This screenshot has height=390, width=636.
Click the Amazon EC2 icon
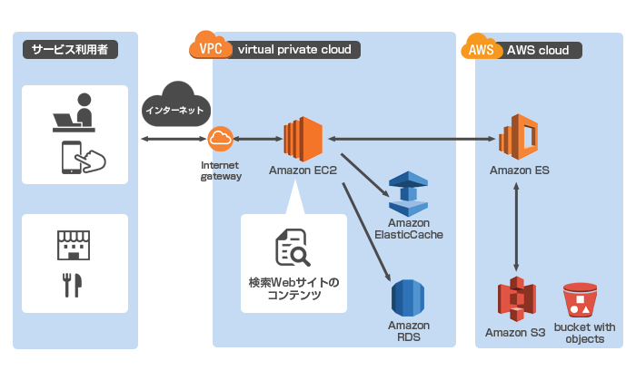coord(303,139)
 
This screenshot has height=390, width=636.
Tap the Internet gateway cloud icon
coord(221,139)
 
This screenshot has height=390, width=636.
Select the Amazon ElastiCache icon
coord(408,192)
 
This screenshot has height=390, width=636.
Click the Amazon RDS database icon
coord(408,297)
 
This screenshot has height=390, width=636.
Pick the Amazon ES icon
coord(519,138)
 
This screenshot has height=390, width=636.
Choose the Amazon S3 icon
coord(515,300)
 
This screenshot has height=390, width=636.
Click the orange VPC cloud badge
coord(209,46)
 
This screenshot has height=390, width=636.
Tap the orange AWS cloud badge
coord(482,48)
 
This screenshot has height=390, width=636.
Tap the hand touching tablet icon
coord(82,159)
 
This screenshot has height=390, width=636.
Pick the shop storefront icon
coord(74,243)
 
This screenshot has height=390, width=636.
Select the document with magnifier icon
coord(293,248)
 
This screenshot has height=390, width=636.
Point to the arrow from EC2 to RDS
coord(367,231)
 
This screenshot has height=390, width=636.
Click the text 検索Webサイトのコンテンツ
coord(293,288)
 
